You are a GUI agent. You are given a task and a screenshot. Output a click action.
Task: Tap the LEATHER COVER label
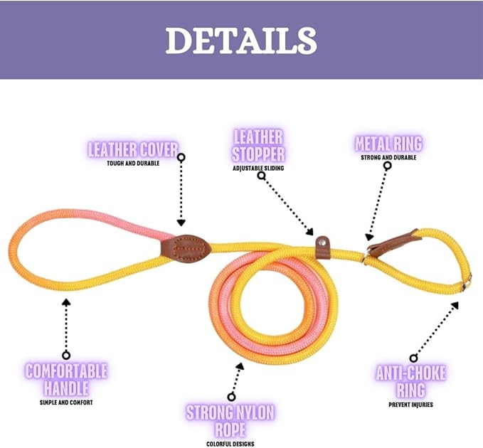click(133, 149)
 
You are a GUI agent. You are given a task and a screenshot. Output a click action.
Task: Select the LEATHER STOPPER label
click(258, 145)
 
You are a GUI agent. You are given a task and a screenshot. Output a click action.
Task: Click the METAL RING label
click(388, 144)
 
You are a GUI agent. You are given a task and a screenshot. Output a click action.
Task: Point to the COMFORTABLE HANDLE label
click(66, 379)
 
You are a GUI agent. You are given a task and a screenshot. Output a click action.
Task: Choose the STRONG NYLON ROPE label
click(230, 420)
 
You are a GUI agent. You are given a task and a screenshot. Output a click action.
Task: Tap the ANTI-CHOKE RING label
click(410, 381)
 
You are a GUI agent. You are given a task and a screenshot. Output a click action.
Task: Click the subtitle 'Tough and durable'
click(133, 163)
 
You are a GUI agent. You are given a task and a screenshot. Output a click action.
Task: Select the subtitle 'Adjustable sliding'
click(258, 169)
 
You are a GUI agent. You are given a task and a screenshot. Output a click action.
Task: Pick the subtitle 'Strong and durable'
click(388, 157)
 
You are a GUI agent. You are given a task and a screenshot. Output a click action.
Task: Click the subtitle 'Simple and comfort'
click(66, 402)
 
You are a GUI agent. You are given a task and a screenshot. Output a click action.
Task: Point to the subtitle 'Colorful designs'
click(230, 444)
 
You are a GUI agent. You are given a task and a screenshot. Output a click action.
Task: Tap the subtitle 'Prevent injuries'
click(410, 405)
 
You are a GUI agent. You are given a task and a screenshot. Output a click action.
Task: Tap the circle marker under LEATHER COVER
click(181, 157)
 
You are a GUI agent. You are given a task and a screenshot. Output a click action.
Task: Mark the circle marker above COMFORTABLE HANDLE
click(66, 354)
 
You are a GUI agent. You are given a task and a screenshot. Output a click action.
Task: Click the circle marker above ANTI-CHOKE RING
click(413, 358)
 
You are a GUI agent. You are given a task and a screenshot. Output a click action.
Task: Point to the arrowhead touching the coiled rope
click(240, 367)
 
